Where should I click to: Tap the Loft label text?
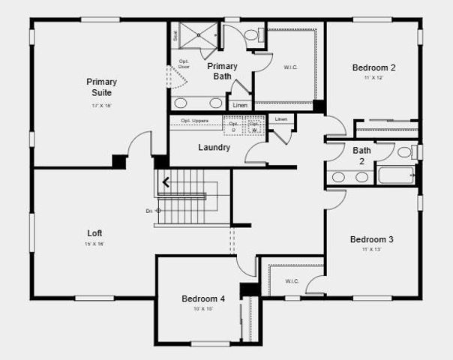click(94, 232)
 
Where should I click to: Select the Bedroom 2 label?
click(373, 67)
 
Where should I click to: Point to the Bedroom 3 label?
click(372, 239)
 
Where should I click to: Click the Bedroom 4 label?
click(203, 298)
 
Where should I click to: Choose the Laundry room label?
click(214, 147)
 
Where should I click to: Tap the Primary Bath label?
click(222, 70)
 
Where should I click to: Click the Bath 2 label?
click(361, 155)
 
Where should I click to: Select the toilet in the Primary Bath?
click(251, 34)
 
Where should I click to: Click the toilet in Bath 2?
click(405, 152)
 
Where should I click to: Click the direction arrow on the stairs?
click(165, 181)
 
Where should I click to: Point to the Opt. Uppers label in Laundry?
click(195, 120)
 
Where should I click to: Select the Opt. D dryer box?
click(233, 126)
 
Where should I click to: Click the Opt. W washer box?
click(255, 126)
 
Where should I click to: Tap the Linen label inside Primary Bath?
click(240, 105)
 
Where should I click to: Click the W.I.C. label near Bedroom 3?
click(292, 281)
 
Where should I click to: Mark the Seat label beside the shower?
click(175, 34)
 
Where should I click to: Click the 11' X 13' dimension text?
click(372, 250)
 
